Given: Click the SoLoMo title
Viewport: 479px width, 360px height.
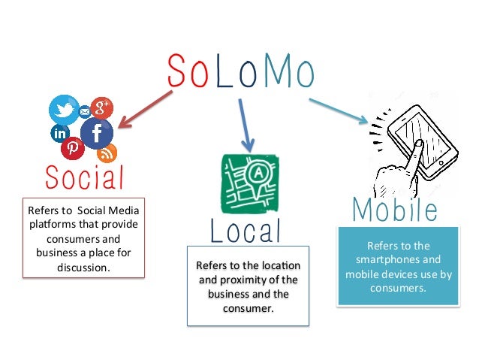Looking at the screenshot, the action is coord(239,71).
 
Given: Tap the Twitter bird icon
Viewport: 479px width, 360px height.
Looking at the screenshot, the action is coord(62,110).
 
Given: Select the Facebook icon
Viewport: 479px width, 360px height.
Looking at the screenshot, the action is coord(97,134).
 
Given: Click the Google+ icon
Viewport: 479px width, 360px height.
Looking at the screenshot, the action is coord(101,107).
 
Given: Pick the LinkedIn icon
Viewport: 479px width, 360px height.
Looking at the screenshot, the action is coord(59,134).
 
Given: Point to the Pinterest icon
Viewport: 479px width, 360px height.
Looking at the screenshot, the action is coord(73,149).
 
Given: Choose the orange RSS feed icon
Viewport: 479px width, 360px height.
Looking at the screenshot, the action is coord(107,153).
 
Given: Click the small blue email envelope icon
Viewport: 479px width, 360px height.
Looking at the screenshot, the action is coord(84,112).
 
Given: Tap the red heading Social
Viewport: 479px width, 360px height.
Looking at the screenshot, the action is coord(83,177).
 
